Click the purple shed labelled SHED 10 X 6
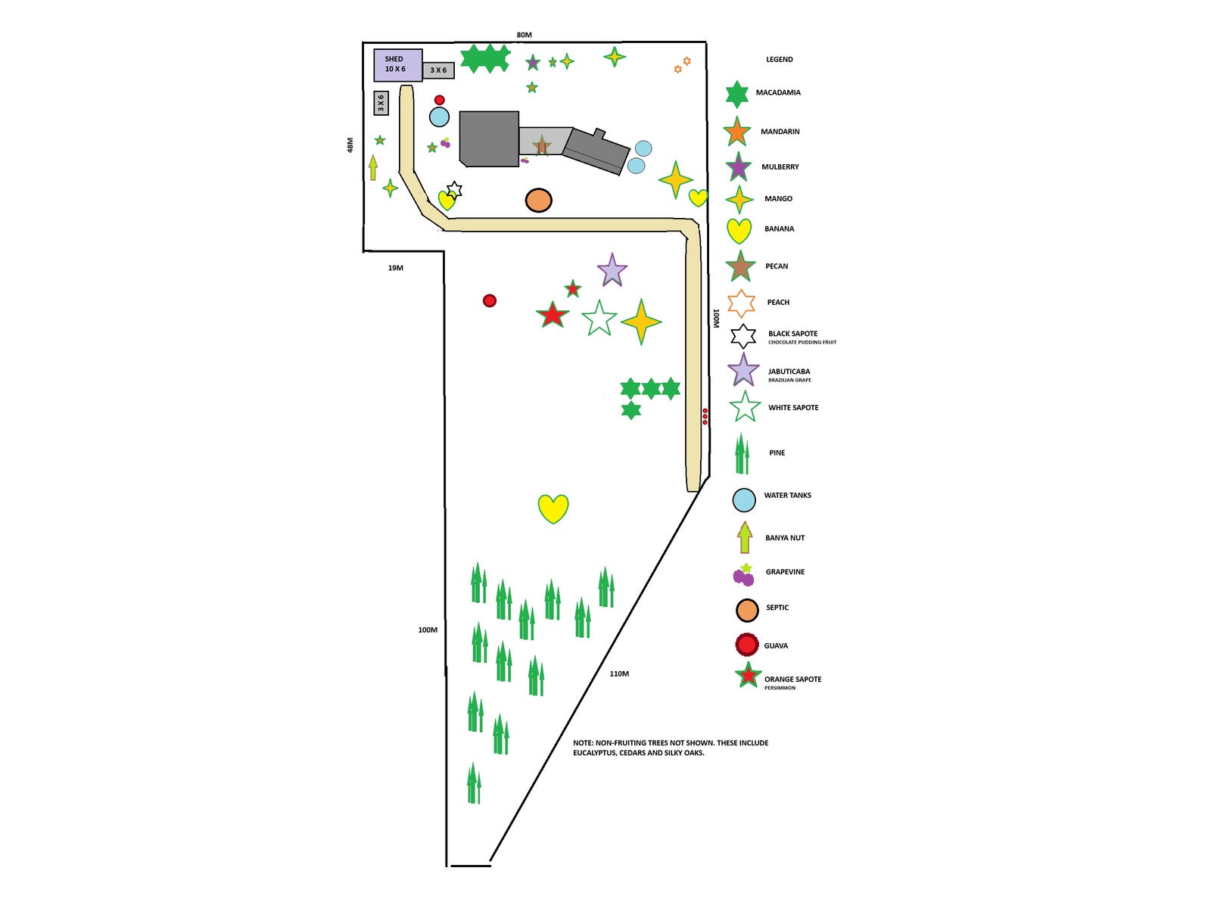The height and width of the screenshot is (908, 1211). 398,65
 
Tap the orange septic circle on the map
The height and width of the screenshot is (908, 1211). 538,201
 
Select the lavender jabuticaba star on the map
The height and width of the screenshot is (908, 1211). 612,271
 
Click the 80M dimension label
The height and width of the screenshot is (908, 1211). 524,35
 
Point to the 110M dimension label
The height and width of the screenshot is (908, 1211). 619,673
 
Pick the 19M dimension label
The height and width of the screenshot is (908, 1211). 395,268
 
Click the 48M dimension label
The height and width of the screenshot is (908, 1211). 350,145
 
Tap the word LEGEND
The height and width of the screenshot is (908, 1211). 779,59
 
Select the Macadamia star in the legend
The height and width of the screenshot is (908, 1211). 736,95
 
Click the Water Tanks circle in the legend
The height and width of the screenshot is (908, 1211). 744,499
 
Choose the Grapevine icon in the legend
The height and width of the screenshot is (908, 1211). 744,576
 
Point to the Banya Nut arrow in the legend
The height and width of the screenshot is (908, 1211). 745,537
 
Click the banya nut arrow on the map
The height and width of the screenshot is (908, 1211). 373,167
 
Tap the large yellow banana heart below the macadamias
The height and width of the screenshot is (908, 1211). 553,508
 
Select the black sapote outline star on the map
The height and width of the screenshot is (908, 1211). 454,189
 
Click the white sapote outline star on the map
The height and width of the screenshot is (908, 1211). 599,319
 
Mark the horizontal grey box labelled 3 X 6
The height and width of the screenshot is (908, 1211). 438,70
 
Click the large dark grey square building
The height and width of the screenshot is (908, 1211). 489,138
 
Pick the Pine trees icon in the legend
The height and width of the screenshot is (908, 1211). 742,454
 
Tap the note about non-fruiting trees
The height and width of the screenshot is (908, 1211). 670,748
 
